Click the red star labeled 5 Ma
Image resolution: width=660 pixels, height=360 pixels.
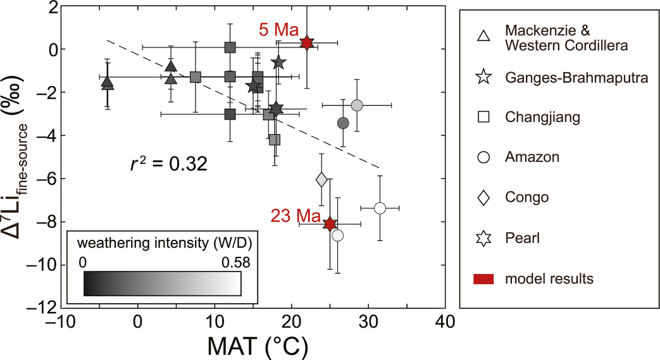307,42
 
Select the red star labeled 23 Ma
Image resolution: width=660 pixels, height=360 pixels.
330,223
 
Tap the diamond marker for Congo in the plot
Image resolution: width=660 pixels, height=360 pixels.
321,180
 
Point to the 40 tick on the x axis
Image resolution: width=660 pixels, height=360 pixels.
446,321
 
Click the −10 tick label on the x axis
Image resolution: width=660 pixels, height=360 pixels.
61,321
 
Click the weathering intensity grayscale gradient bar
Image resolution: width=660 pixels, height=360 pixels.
163,283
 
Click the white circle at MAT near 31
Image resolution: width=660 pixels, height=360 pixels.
380,208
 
